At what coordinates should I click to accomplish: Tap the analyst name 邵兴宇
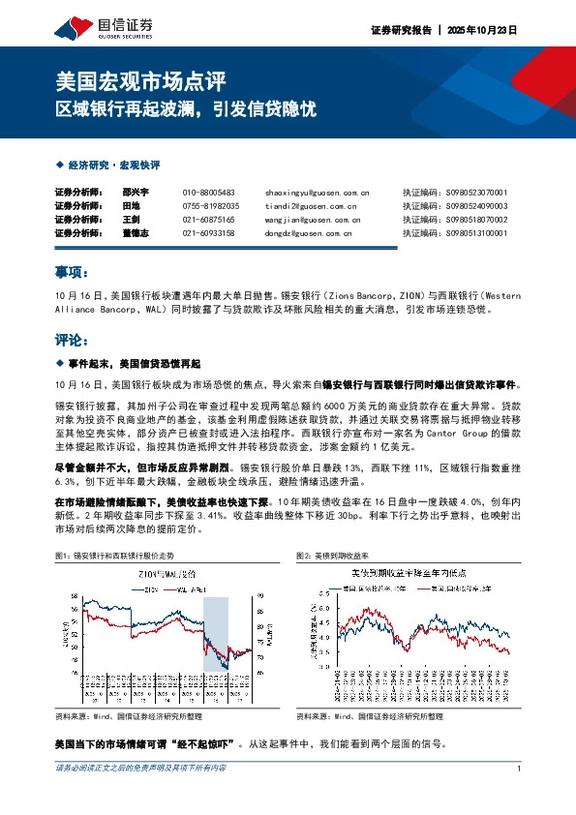[136, 193]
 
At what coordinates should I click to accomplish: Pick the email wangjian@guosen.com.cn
[312, 220]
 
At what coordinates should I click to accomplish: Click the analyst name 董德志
[136, 233]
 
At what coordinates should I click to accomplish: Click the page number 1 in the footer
[519, 770]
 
